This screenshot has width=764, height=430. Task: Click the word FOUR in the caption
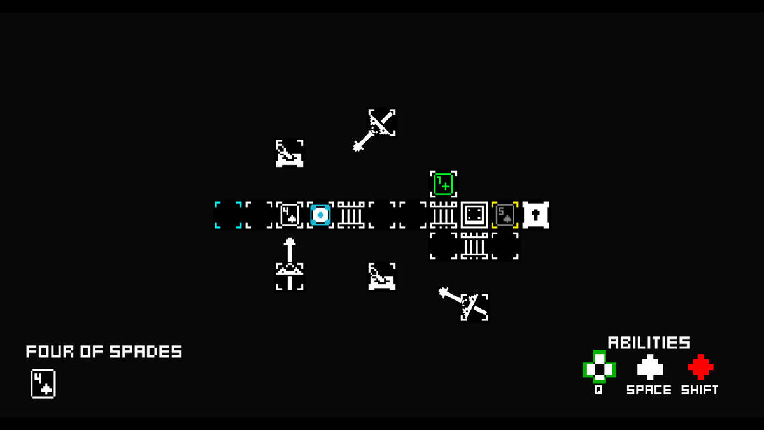point(50,352)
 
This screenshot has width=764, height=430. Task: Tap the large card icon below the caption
point(43,383)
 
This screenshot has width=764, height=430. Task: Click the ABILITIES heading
point(649,343)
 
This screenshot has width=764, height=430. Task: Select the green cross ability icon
point(599,367)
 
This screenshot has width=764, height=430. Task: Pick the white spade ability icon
point(650,367)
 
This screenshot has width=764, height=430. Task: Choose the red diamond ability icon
point(700,367)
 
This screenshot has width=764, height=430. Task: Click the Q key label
point(598,390)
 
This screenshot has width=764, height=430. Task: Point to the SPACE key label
point(649,390)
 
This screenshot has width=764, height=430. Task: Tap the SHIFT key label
point(700,390)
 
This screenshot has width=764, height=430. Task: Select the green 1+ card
point(443,184)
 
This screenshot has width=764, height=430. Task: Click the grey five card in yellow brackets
point(505,215)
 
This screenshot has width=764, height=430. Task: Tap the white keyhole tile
point(536,215)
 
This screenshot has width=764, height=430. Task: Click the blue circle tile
point(320,215)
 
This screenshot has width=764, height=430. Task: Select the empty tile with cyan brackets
point(228,215)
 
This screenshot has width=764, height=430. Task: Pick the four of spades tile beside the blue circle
point(290,215)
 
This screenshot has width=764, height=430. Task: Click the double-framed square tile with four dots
point(474,215)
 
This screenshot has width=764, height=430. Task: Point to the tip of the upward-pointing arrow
point(290,238)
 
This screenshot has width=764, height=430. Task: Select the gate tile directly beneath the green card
point(443,215)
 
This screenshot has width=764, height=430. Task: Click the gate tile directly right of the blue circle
point(351,215)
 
